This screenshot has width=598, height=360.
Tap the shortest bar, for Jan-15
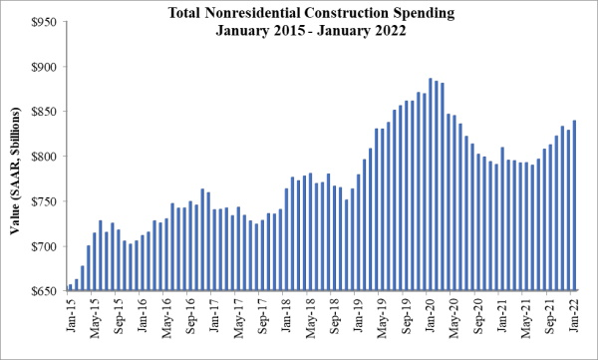70,288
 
